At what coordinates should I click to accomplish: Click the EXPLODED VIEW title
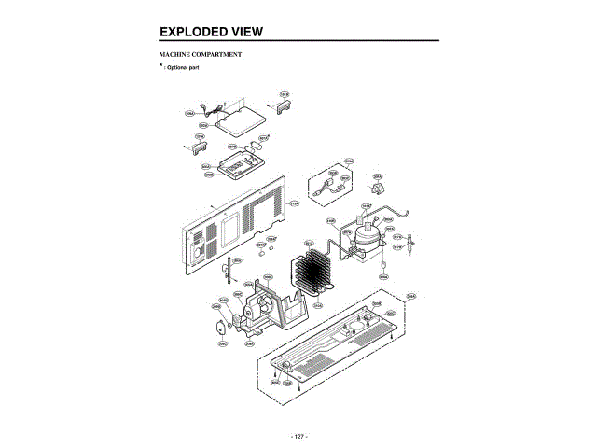click(211, 32)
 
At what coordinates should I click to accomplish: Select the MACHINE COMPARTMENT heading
click(201, 55)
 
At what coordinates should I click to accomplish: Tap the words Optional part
click(183, 69)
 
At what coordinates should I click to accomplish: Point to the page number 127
click(298, 437)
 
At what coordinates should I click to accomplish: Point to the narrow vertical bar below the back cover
click(227, 274)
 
